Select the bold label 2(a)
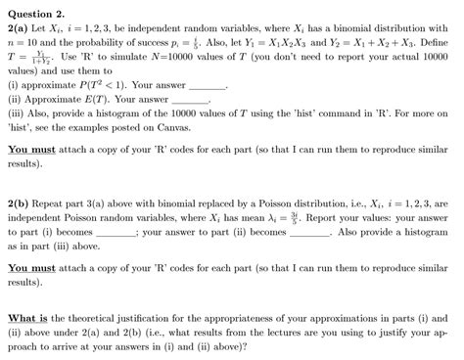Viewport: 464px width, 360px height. click(x=20, y=29)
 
